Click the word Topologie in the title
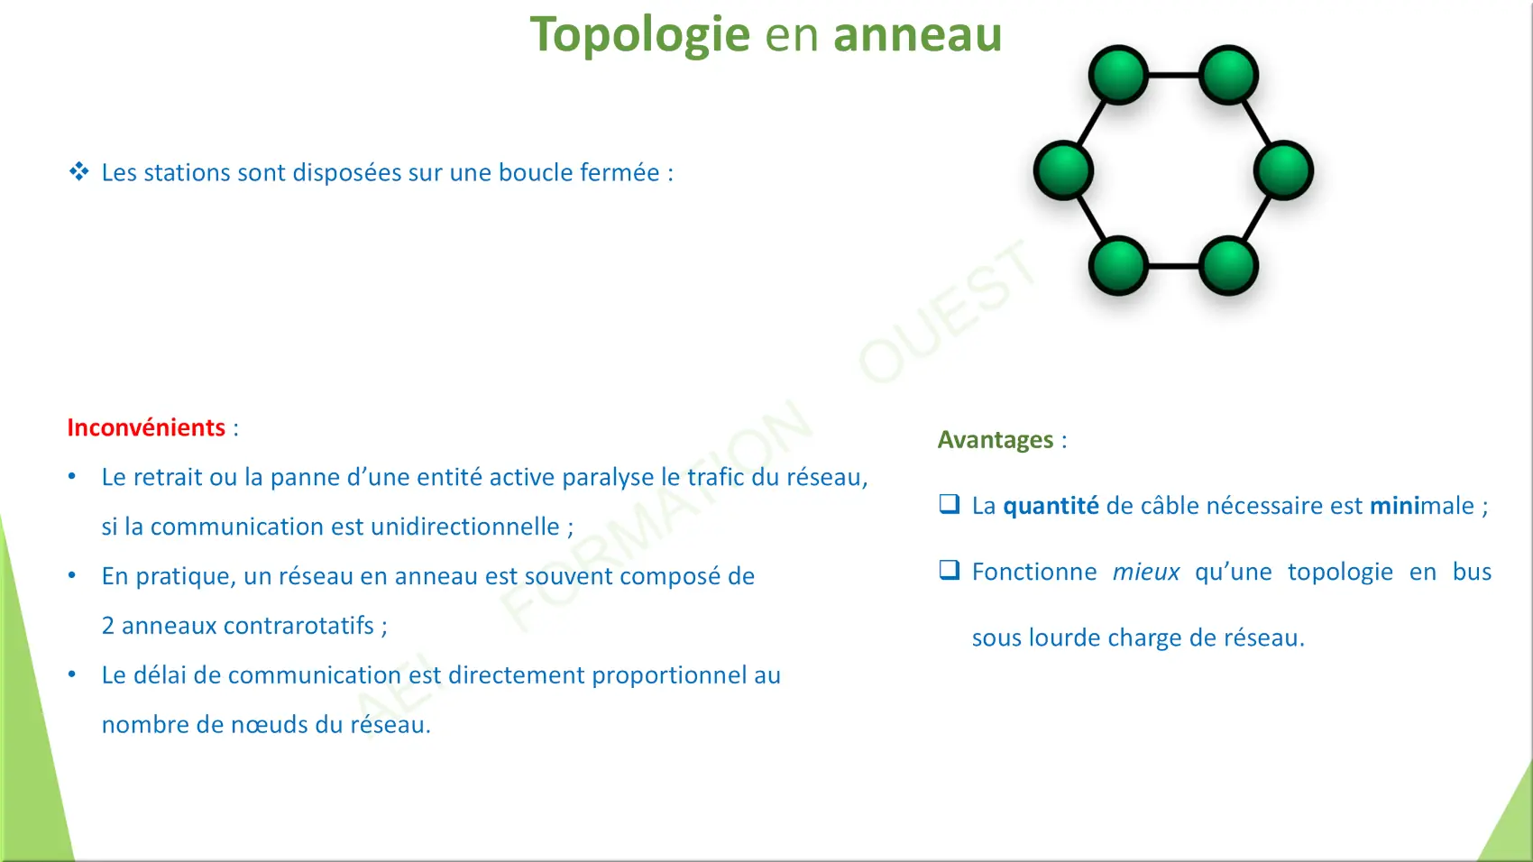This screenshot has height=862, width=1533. coord(640,35)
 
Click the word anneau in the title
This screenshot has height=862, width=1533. coord(918,34)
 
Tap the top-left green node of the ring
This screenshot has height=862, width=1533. coord(1118,75)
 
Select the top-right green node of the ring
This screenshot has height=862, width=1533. coord(1228,75)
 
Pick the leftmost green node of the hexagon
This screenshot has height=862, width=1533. coord(1063,170)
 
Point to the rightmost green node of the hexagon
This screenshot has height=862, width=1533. coord(1284,170)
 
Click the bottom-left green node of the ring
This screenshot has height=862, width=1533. coord(1118,266)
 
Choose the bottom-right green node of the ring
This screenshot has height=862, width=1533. coord(1228,266)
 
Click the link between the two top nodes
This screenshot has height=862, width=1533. coord(1174,75)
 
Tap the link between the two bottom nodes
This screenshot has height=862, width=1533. coord(1174,266)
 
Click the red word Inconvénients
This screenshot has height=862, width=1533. coord(146,427)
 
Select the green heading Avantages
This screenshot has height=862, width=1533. coord(996,440)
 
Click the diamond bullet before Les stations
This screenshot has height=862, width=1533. coord(78,171)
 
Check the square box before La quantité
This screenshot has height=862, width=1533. coord(950,504)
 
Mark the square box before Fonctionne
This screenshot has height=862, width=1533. coord(950,570)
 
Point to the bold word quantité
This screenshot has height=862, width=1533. coord(1051,506)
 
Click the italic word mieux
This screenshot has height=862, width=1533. coord(1146,572)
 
